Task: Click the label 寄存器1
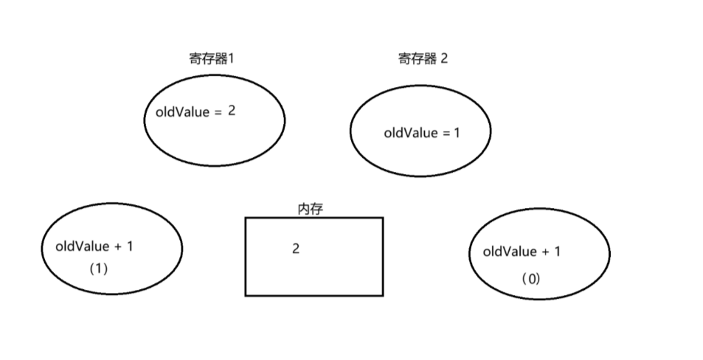[x=211, y=59]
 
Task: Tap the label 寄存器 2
[x=422, y=59]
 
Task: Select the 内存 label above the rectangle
[x=310, y=210]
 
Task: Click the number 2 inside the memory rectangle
[x=296, y=249]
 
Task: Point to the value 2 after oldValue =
[x=232, y=111]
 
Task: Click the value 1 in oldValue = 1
[x=457, y=133]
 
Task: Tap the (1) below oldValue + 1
[x=98, y=269]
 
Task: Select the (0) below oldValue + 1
[x=530, y=279]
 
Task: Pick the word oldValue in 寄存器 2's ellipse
[x=410, y=134]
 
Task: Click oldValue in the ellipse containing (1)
[x=82, y=246]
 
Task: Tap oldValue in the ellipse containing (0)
[x=510, y=252]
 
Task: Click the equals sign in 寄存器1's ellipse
[x=217, y=113]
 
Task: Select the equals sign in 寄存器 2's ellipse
[x=445, y=134]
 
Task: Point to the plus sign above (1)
[x=118, y=246]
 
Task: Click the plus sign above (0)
[x=546, y=252]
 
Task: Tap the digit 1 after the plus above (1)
[x=130, y=246]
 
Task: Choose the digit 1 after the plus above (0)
[x=557, y=252]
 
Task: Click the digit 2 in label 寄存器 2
[x=443, y=59]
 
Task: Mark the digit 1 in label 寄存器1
[x=230, y=59]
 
